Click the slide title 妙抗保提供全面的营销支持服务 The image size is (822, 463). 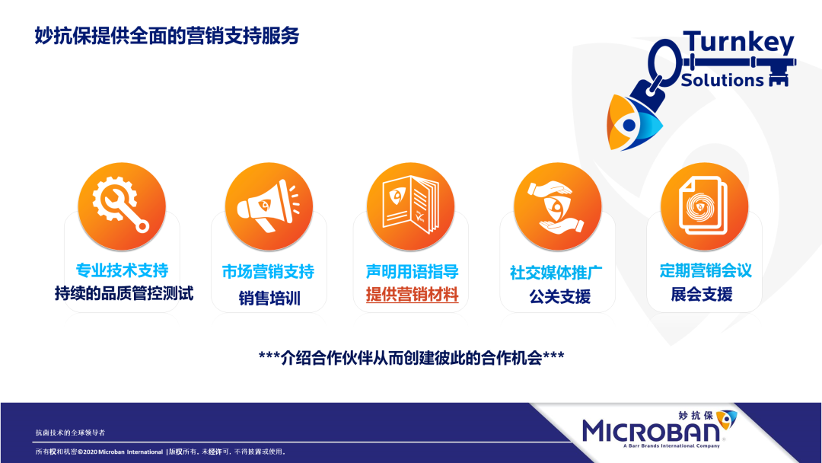click(x=167, y=36)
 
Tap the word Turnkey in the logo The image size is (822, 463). click(x=738, y=43)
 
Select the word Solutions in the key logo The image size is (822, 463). click(x=722, y=80)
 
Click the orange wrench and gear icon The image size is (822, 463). click(x=122, y=206)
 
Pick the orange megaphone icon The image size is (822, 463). click(x=269, y=206)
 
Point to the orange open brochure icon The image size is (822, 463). click(x=410, y=206)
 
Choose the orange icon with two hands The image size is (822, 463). click(x=557, y=206)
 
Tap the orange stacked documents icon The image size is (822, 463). click(x=704, y=206)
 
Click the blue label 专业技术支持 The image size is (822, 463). click(x=122, y=270)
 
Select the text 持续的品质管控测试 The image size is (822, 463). click(x=124, y=293)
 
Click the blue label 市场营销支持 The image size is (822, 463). click(x=269, y=272)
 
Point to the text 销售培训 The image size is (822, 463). click(x=269, y=299)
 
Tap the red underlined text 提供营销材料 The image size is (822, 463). click(x=412, y=295)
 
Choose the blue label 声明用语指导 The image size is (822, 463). click(x=412, y=272)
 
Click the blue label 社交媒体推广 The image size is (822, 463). click(x=556, y=273)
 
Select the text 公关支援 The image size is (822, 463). click(x=560, y=297)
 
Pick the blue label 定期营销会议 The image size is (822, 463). click(x=706, y=270)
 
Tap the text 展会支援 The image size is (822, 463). click(x=702, y=294)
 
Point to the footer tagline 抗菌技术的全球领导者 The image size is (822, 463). click(x=70, y=433)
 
